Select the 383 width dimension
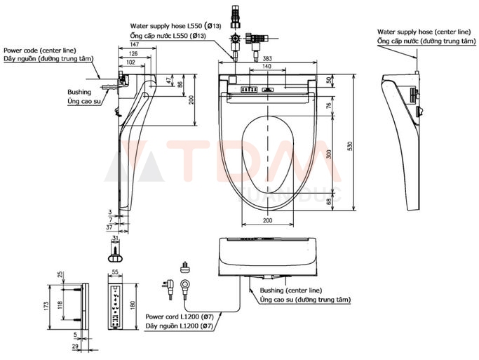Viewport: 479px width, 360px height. click(268, 59)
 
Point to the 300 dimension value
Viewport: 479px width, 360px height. click(330, 154)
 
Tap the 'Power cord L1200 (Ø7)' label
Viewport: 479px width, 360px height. click(176, 317)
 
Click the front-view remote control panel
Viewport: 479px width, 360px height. click(116, 306)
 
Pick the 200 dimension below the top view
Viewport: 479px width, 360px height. click(268, 221)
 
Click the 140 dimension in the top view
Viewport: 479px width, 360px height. click(268, 67)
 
